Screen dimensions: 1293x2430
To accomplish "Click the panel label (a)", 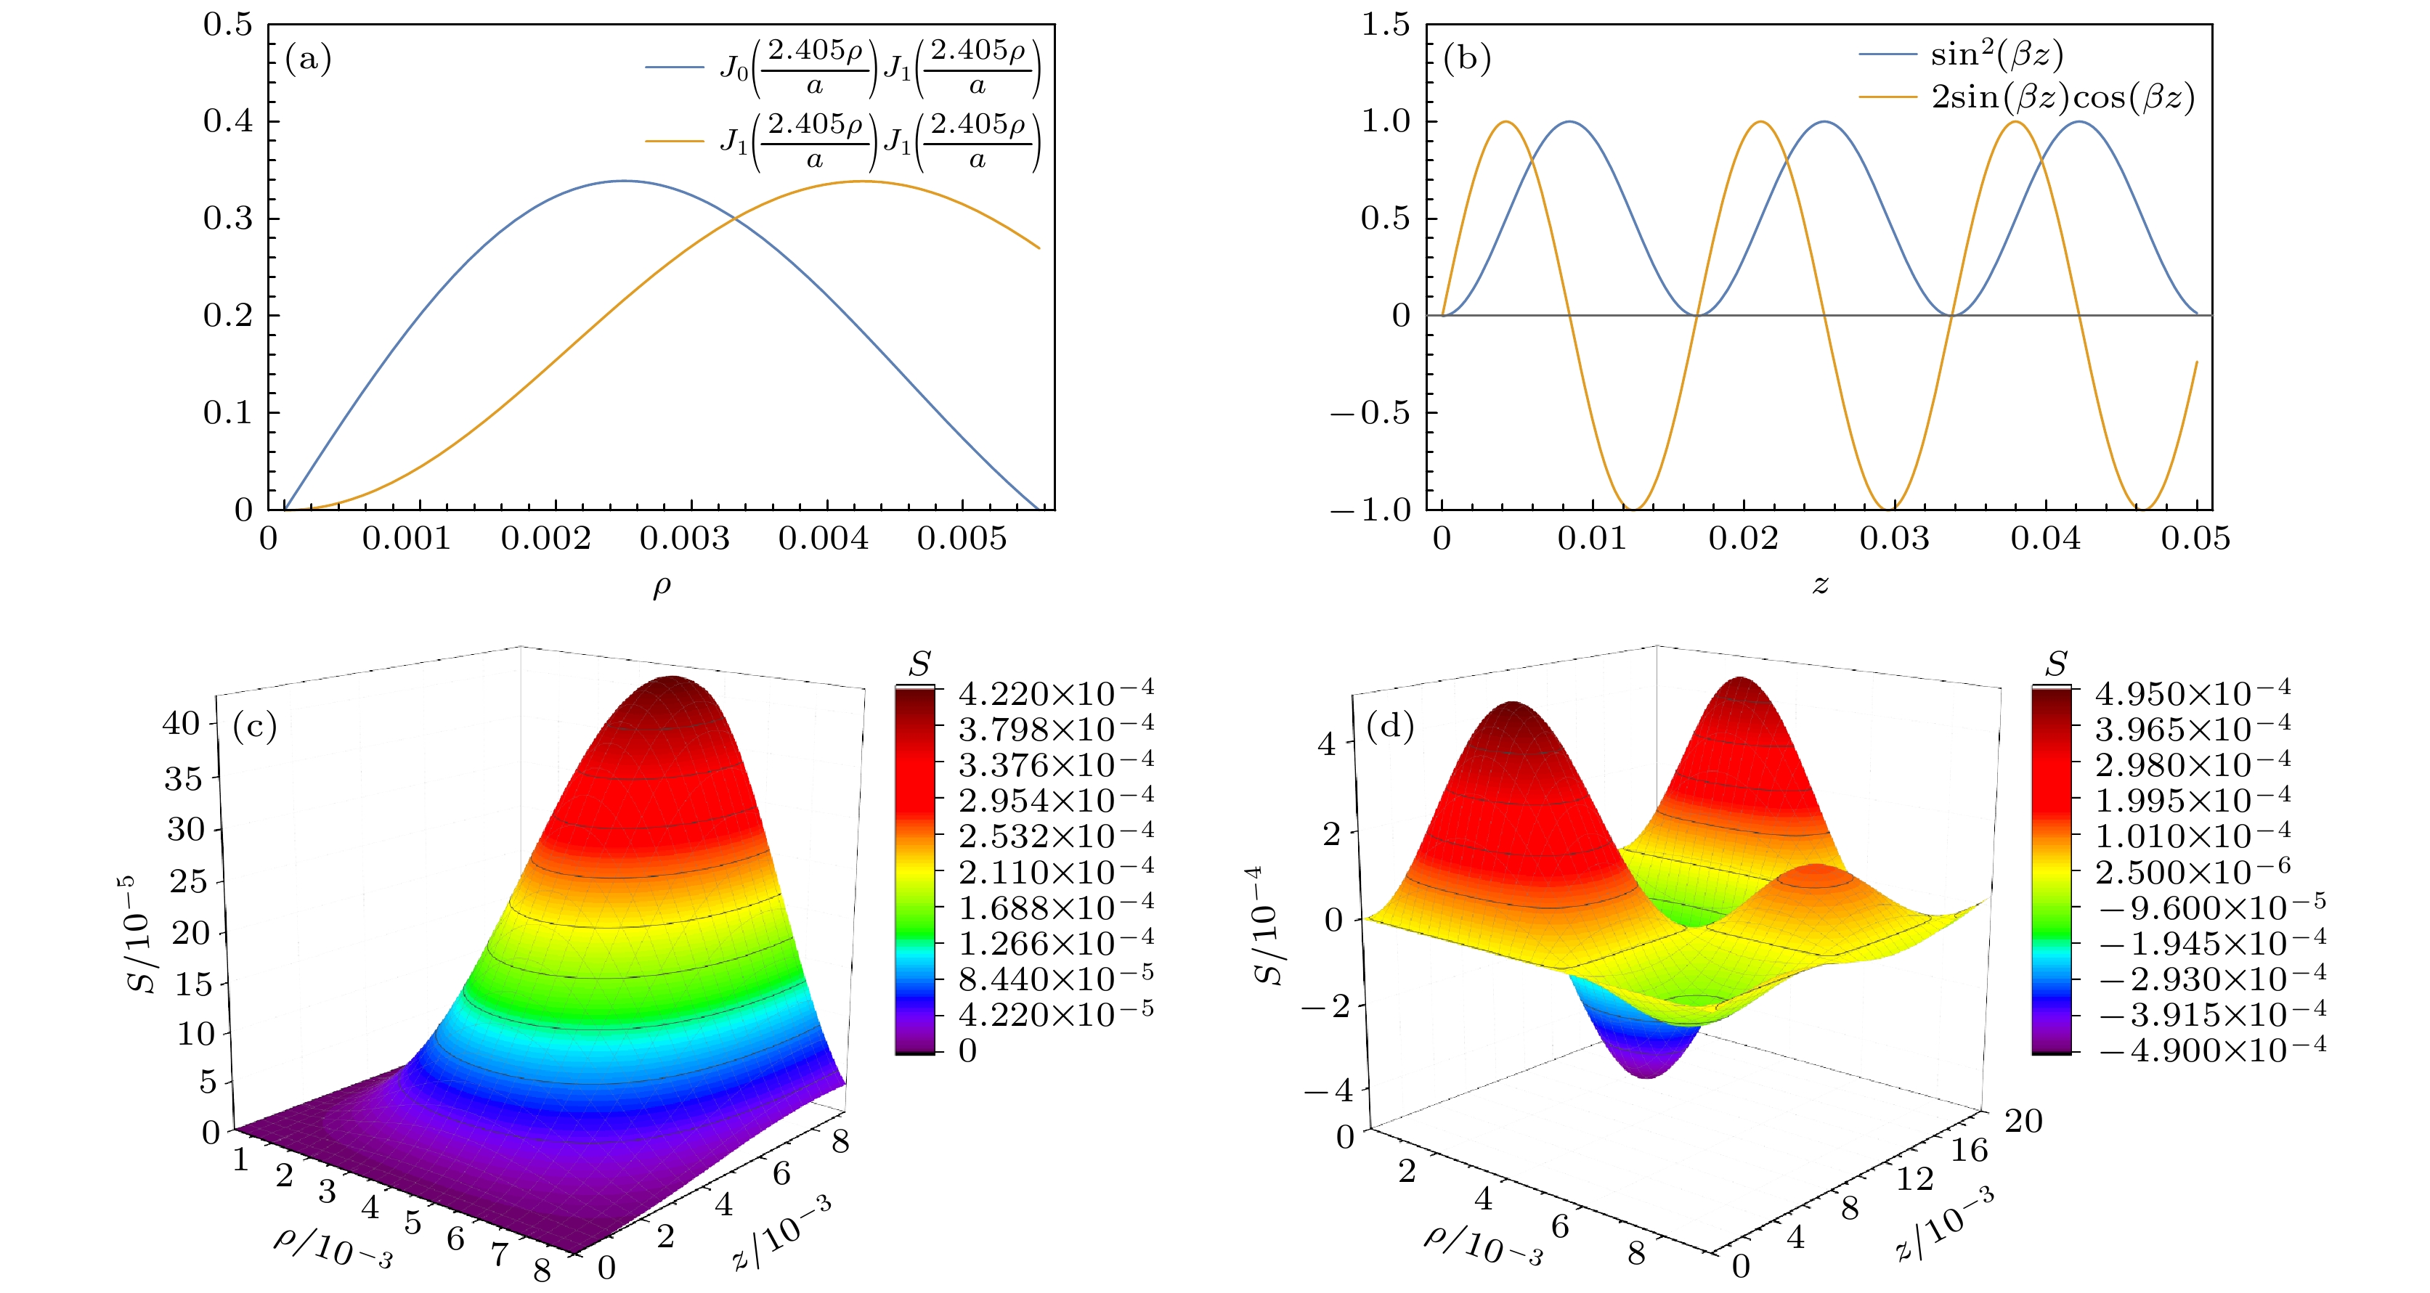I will pyautogui.click(x=309, y=60).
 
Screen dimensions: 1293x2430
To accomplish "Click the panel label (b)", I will pyautogui.click(x=1467, y=60).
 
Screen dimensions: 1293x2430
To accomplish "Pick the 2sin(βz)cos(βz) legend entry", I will pyautogui.click(x=2062, y=97).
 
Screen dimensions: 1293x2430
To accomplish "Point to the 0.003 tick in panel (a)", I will pyautogui.click(x=684, y=539).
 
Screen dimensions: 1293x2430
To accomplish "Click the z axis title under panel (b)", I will pyautogui.click(x=1820, y=584).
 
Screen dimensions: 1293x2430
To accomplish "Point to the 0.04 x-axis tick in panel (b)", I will pyautogui.click(x=2045, y=539).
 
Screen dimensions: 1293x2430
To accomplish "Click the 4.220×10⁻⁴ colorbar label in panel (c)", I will pyautogui.click(x=1055, y=693).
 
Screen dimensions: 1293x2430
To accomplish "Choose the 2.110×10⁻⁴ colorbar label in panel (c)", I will pyautogui.click(x=1055, y=870).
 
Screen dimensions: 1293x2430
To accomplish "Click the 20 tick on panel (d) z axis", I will pyautogui.click(x=2023, y=1120).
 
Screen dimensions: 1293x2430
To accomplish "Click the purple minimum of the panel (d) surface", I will pyautogui.click(x=1647, y=1070).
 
